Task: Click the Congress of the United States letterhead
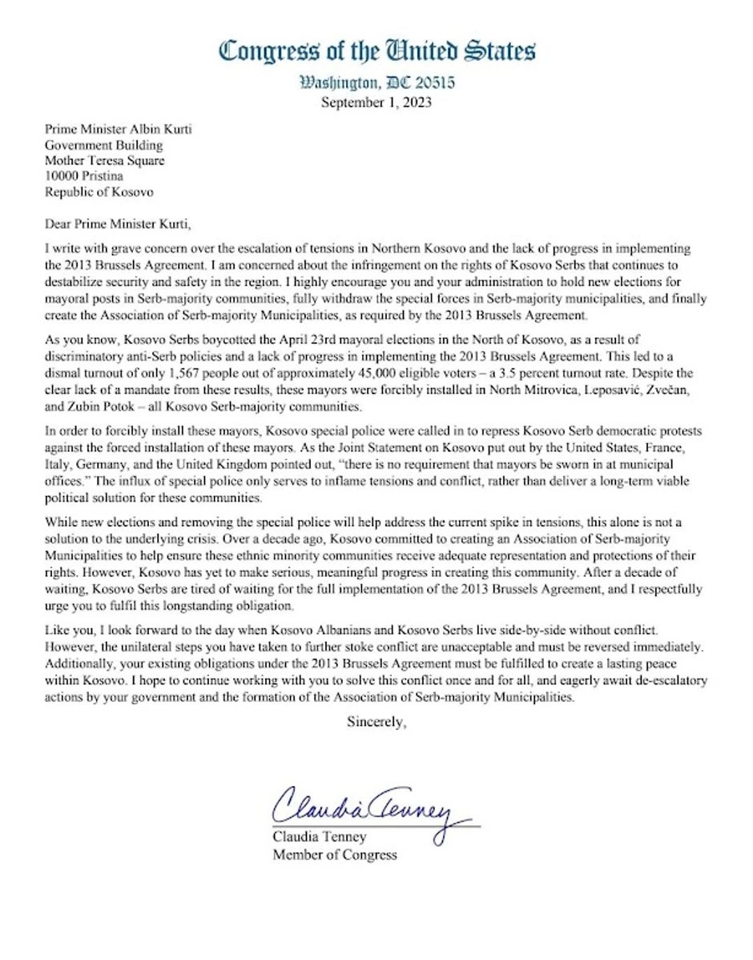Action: [377, 51]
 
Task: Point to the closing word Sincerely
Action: [376, 721]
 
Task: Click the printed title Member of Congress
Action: [335, 854]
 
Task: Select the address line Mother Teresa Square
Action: [104, 161]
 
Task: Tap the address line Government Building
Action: [103, 145]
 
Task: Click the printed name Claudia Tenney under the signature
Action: [320, 837]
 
